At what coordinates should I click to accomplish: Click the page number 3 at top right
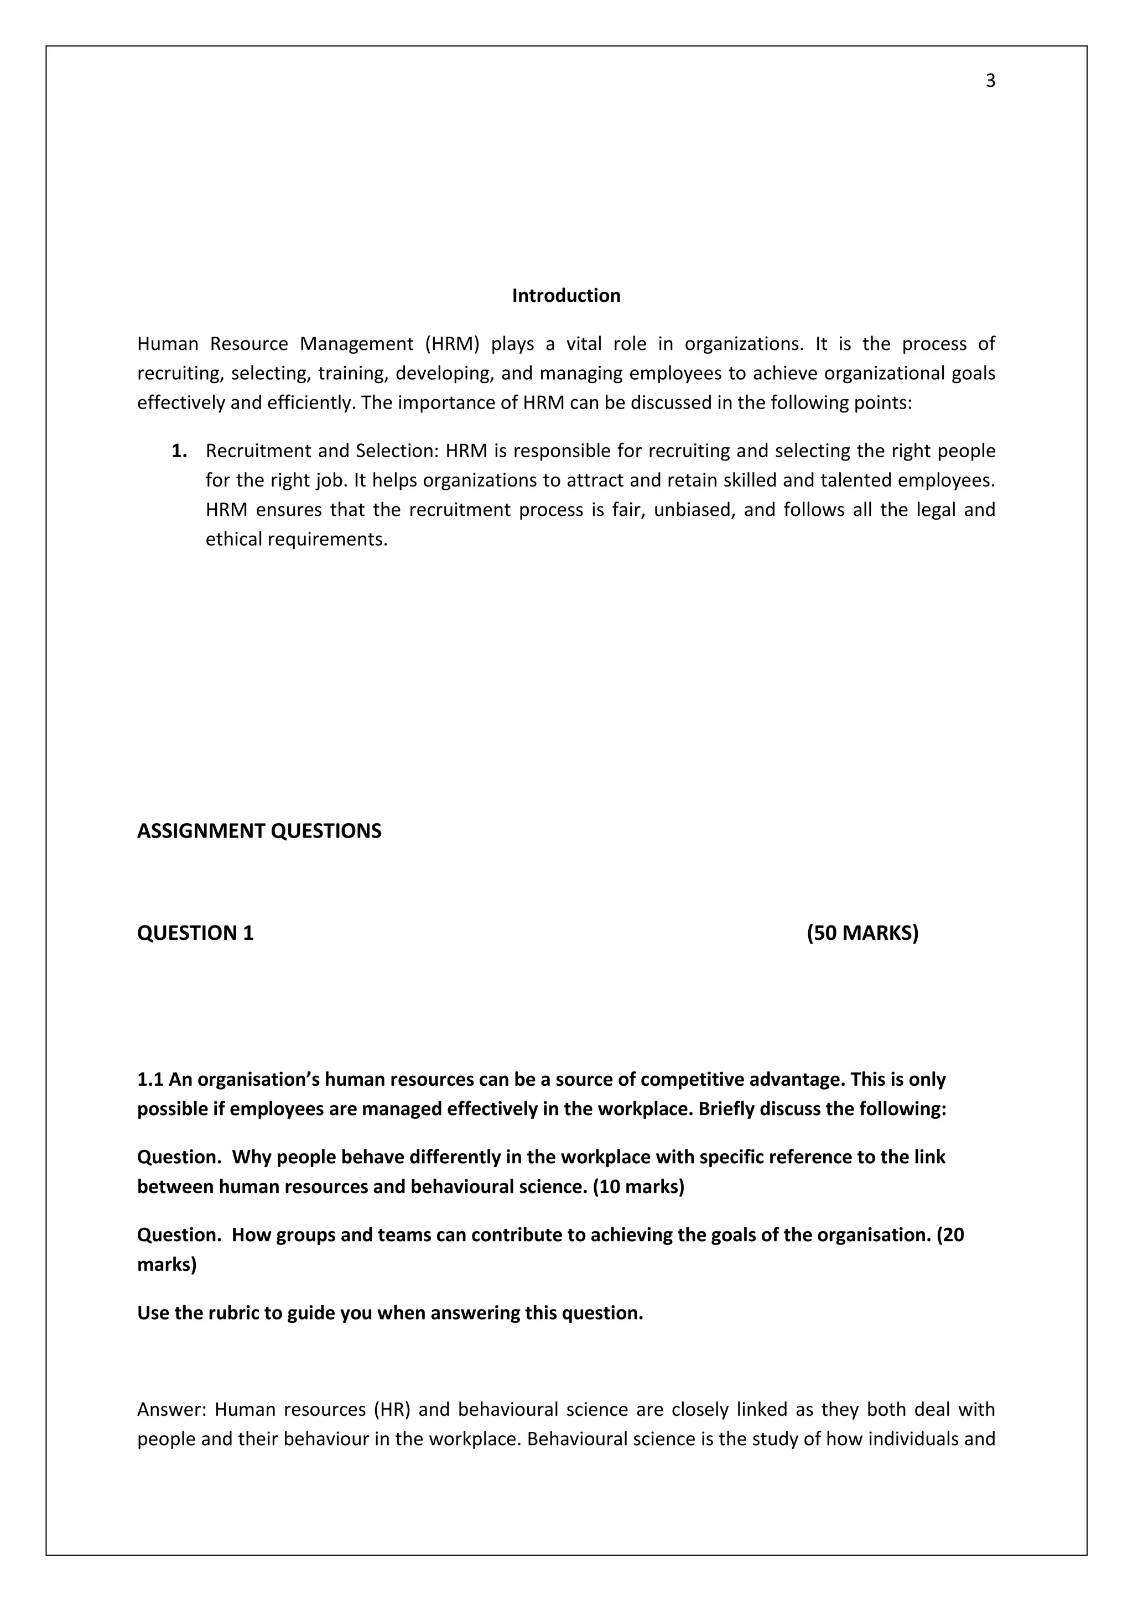tap(990, 81)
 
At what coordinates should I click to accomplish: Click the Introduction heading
tap(566, 296)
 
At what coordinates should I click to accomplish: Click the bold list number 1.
tap(179, 451)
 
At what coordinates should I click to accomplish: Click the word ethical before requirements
tap(233, 539)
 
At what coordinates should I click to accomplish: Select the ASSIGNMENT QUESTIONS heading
tap(259, 831)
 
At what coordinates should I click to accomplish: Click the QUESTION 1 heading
tap(195, 933)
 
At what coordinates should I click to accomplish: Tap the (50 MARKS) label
tap(862, 933)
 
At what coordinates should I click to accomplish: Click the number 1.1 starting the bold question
tap(150, 1080)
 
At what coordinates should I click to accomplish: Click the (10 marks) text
tap(638, 1187)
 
